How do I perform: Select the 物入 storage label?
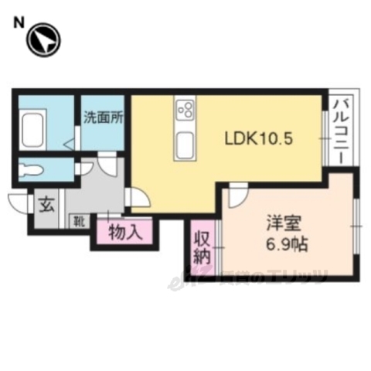point(124,232)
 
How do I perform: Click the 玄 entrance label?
point(46,206)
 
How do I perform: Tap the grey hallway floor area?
point(100,189)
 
